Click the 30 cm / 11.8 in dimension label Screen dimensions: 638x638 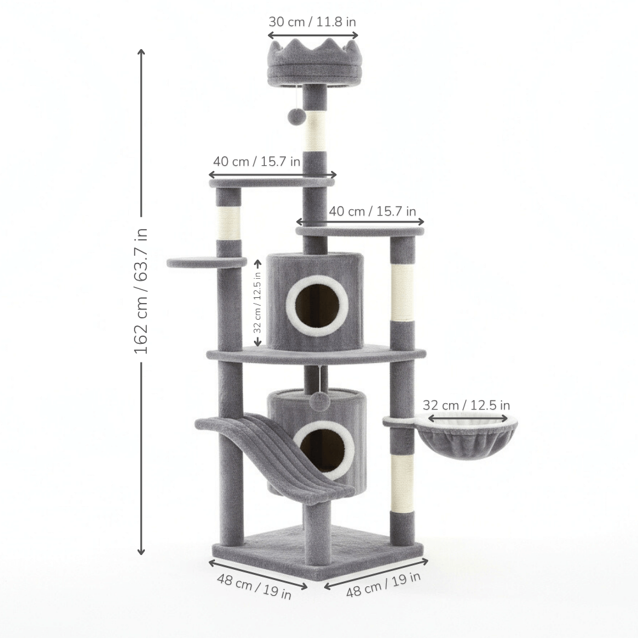point(312,22)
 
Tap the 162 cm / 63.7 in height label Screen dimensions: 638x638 point(141,290)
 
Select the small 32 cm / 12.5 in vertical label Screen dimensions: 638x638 point(257,302)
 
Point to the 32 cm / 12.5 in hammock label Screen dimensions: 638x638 point(466,405)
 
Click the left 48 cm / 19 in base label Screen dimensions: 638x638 point(254,586)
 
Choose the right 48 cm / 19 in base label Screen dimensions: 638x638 point(383,584)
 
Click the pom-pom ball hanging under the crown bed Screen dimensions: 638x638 point(295,116)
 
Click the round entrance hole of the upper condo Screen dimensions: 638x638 point(317,306)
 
